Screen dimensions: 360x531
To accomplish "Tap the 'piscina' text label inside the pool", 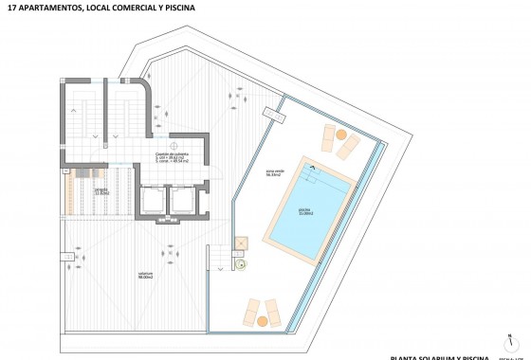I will coord(305,210).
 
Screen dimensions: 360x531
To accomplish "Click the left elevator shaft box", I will coord(151,202).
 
